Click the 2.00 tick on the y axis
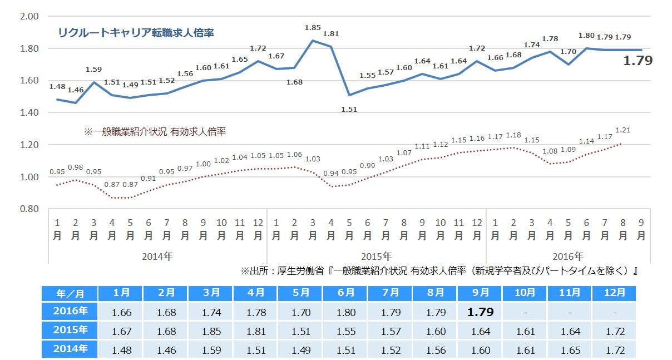click(x=29, y=16)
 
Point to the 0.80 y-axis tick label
click(x=29, y=209)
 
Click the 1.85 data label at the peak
click(x=313, y=27)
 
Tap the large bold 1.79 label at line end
click(x=638, y=61)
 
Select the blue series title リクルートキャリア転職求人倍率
click(x=136, y=33)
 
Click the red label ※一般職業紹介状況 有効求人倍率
click(x=155, y=132)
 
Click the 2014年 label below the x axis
click(x=158, y=257)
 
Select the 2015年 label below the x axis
click(x=377, y=257)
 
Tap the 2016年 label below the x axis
click(x=568, y=257)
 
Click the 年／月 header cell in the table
click(x=69, y=293)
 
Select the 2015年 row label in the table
click(x=69, y=331)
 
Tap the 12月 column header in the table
click(x=615, y=293)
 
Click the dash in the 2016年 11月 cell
click(x=570, y=312)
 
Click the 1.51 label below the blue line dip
click(x=349, y=109)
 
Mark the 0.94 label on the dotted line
click(x=332, y=174)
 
